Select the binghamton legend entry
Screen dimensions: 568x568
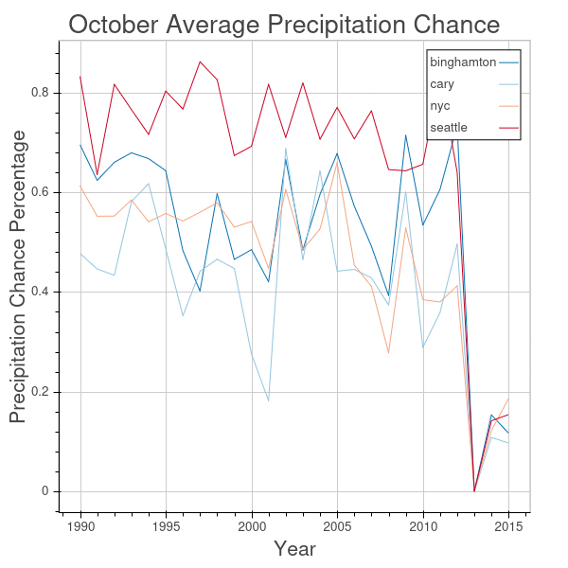(463, 62)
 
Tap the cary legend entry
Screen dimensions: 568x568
(441, 84)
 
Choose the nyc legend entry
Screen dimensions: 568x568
(440, 106)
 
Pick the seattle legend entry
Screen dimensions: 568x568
(448, 127)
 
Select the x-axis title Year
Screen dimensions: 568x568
(294, 549)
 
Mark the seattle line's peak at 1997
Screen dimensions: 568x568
(200, 62)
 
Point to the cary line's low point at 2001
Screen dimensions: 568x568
(269, 400)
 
